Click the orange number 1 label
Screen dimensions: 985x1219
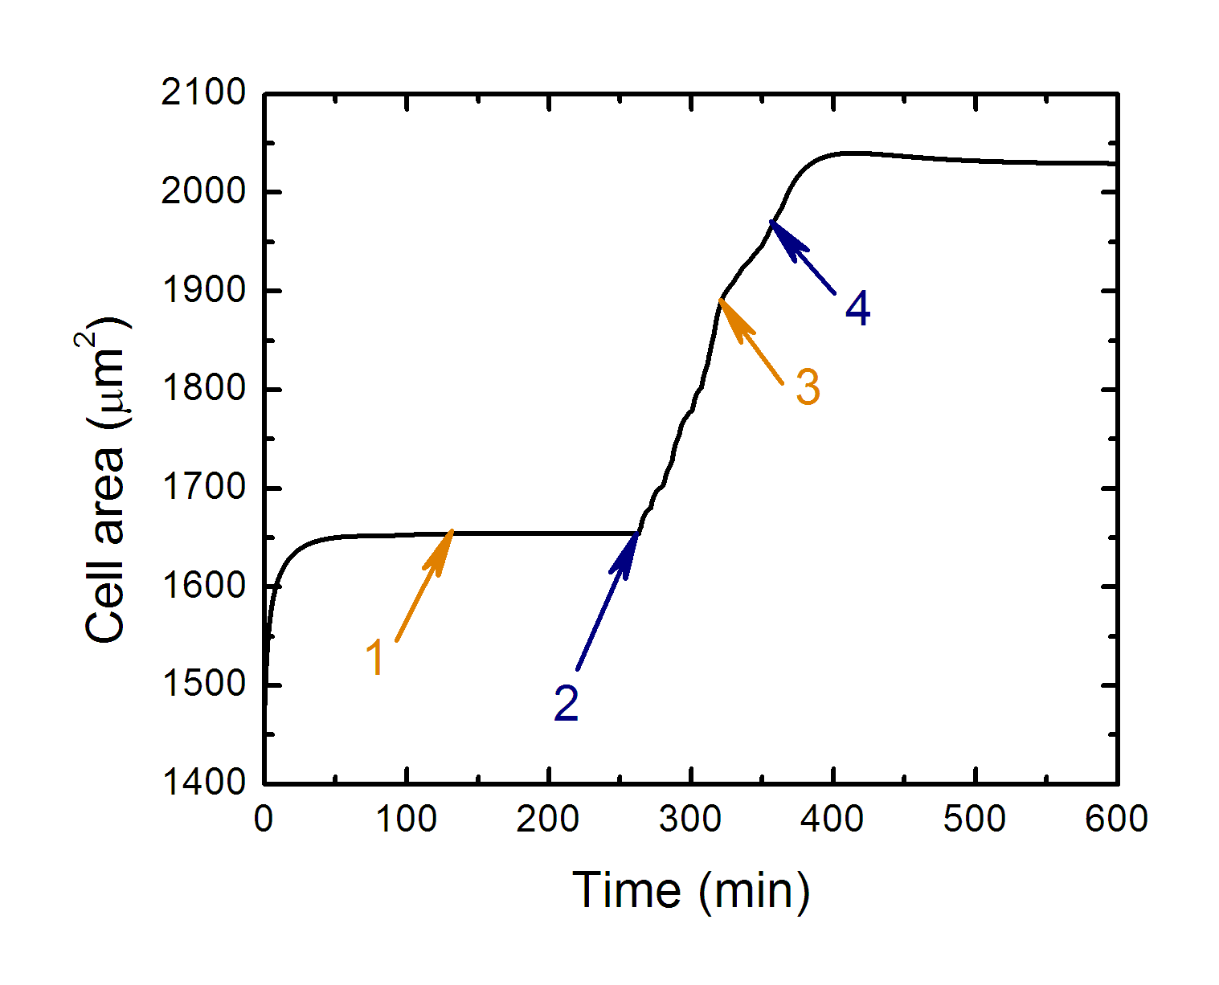[375, 657]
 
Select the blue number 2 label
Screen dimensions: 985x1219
[567, 704]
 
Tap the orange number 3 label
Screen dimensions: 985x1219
[808, 386]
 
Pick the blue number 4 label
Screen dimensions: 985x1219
[858, 309]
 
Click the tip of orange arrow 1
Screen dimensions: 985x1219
[452, 531]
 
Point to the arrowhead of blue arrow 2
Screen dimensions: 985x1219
[637, 533]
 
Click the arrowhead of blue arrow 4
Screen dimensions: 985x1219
[771, 221]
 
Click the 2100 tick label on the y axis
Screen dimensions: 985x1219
[203, 93]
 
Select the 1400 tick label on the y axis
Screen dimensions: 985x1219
[203, 783]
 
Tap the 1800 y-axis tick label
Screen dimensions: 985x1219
[203, 389]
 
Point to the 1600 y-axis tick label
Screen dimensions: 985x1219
[203, 586]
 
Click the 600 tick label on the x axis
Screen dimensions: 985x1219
[1116, 819]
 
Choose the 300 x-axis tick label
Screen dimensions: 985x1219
[690, 819]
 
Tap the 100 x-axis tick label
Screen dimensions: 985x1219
[407, 819]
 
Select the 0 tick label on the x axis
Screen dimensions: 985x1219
[264, 819]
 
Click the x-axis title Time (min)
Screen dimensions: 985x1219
[691, 890]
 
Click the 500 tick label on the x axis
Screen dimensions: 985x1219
[975, 819]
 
